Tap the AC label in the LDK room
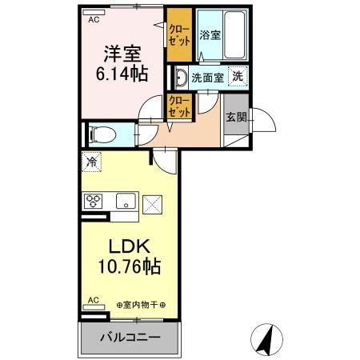pyautogui.click(x=94, y=301)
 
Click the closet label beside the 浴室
pyautogui.click(x=179, y=34)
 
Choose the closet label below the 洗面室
pyautogui.click(x=178, y=107)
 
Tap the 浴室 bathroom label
pyautogui.click(x=210, y=35)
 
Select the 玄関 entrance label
pyautogui.click(x=236, y=117)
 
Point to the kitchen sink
pyautogui.click(x=125, y=200)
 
